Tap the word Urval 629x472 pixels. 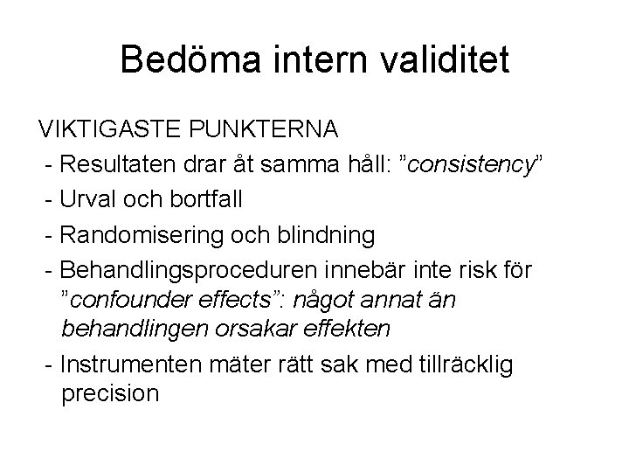click(x=92, y=199)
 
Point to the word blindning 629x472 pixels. click(x=325, y=234)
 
